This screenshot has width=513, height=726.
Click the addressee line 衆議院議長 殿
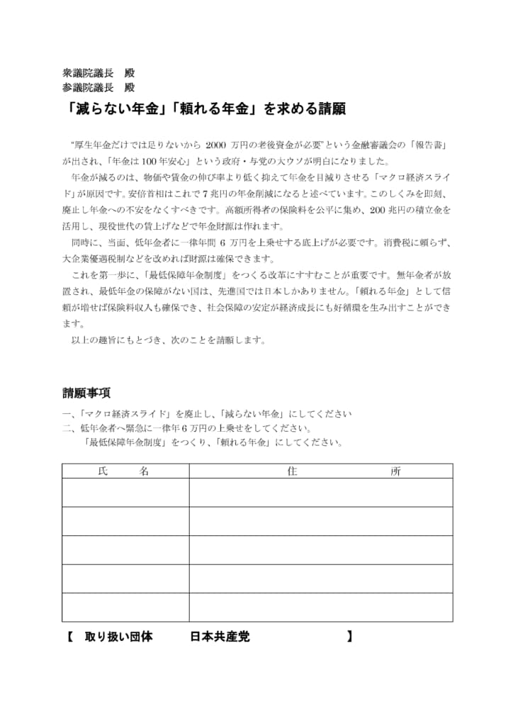98,73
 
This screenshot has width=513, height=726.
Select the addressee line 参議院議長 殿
98,87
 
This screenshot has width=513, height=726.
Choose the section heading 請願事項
86,393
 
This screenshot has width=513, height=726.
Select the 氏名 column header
125,471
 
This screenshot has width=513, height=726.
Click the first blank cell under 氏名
125,492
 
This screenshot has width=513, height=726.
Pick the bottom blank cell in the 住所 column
320,607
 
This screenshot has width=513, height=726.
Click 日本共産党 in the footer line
220,637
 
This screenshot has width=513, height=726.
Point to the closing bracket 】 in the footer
350,637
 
